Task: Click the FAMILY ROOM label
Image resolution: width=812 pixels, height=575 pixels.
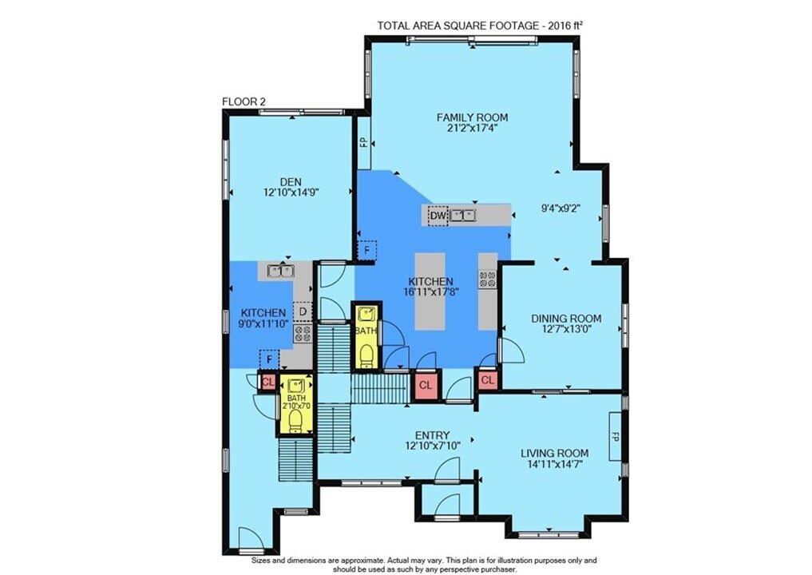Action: [472, 117]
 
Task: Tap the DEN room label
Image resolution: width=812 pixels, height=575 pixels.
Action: [291, 182]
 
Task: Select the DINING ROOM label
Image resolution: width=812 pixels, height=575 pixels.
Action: [566, 319]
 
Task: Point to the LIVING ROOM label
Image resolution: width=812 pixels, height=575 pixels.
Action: [555, 454]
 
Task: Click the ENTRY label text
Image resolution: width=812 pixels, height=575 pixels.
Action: [433, 435]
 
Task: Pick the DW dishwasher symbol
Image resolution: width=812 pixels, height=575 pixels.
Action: [438, 216]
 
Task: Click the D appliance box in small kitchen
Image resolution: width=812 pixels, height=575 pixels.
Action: [303, 311]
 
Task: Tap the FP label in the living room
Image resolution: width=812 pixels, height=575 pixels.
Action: [616, 436]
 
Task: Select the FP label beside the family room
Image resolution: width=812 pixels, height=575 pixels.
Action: [364, 142]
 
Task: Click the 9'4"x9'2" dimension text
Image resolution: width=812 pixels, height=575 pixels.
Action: [560, 208]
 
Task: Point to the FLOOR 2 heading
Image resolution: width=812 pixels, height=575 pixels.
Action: [244, 101]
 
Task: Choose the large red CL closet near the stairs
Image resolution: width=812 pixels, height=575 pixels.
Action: [425, 386]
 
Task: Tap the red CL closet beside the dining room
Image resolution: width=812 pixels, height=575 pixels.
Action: [487, 380]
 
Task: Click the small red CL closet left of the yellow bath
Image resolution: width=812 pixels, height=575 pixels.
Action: [267, 383]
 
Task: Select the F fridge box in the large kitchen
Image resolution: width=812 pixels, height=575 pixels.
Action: [367, 251]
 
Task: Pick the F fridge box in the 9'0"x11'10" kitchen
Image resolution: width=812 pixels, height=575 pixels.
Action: [269, 359]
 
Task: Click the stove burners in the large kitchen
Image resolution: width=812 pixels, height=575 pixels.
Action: [487, 279]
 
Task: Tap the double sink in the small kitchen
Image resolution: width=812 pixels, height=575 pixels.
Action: [281, 271]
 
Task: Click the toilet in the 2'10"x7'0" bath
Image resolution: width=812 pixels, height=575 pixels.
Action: [295, 420]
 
